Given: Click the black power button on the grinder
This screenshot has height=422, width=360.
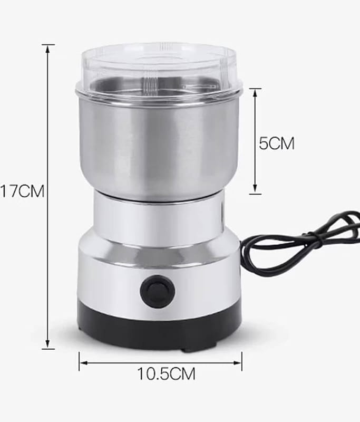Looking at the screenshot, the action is [x=158, y=292].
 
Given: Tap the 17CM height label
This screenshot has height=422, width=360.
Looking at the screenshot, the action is [x=22, y=191].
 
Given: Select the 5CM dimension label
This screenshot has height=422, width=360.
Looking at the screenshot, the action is [x=277, y=143].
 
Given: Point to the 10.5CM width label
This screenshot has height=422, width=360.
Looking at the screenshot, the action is [x=166, y=373].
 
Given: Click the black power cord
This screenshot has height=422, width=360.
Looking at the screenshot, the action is [x=301, y=242].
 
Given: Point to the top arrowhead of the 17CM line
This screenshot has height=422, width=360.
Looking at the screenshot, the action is [x=48, y=49].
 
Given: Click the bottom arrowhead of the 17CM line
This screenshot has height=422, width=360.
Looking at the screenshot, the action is [x=48, y=344].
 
